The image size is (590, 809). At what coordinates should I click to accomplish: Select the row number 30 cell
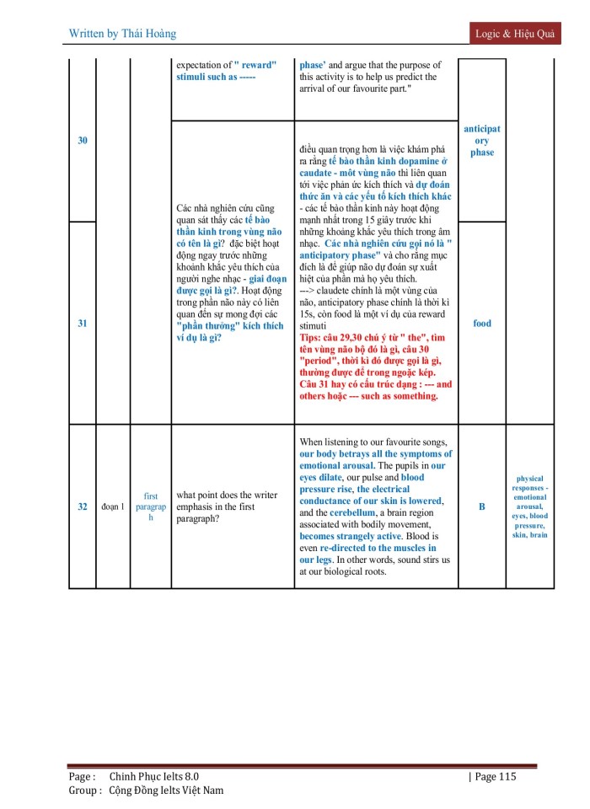tap(83, 141)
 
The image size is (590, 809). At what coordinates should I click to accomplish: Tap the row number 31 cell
tap(83, 324)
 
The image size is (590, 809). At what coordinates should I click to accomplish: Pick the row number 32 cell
tap(83, 506)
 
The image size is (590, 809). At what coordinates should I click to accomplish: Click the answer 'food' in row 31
tap(482, 324)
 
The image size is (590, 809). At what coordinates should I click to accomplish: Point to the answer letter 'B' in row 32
tap(482, 506)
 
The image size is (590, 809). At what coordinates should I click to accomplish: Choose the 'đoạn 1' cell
tap(113, 506)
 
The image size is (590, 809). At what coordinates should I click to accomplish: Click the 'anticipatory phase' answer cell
tap(482, 141)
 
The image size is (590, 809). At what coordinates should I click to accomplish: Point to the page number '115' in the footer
tap(502, 776)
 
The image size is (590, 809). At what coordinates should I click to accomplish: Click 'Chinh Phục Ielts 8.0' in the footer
tap(154, 776)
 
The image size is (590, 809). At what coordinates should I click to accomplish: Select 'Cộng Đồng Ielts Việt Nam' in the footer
tap(166, 790)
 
